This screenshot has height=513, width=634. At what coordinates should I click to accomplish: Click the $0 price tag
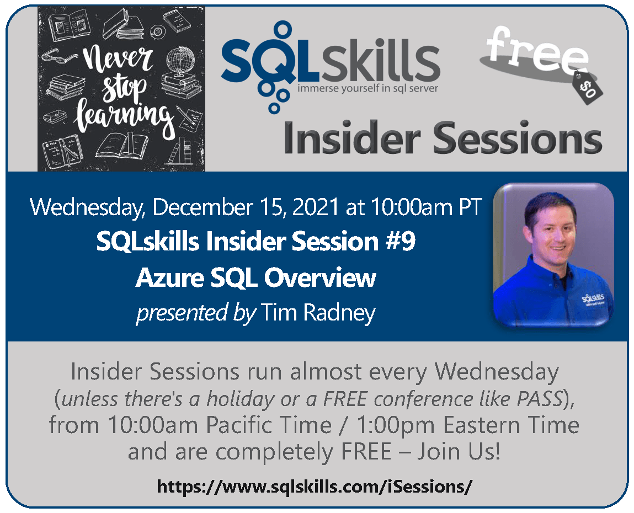pos(588,88)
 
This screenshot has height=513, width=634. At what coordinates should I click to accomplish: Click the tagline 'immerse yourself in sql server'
pos(367,88)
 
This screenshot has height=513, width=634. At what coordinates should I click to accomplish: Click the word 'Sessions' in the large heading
pos(517,138)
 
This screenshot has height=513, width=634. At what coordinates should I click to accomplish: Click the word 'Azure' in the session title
pos(169,277)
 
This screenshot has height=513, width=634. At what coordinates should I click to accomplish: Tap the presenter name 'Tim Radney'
pos(318,313)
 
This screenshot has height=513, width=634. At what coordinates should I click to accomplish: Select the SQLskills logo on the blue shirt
pos(593,300)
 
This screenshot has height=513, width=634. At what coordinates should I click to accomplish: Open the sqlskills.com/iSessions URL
pos(314,487)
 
